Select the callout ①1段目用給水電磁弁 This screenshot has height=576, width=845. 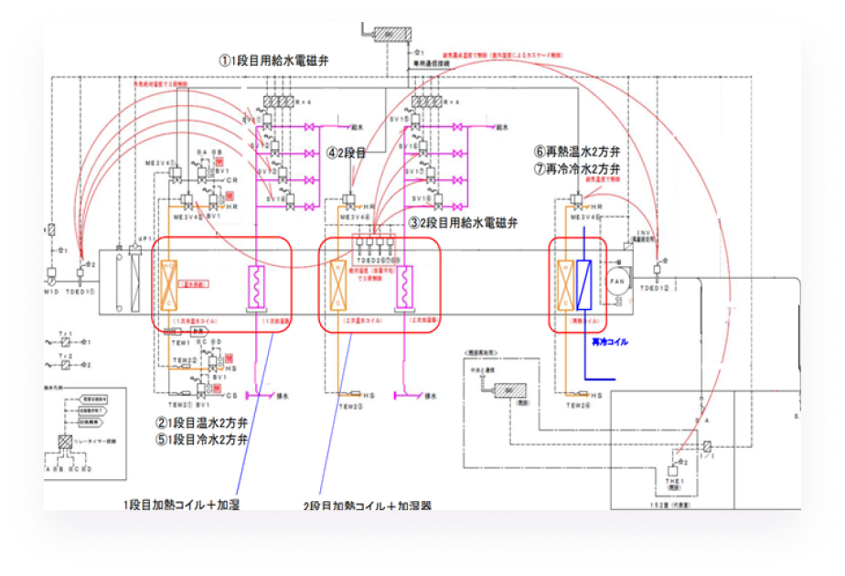[x=273, y=60]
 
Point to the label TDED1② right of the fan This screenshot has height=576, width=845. [x=655, y=288]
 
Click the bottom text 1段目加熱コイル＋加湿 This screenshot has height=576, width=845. [x=181, y=505]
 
